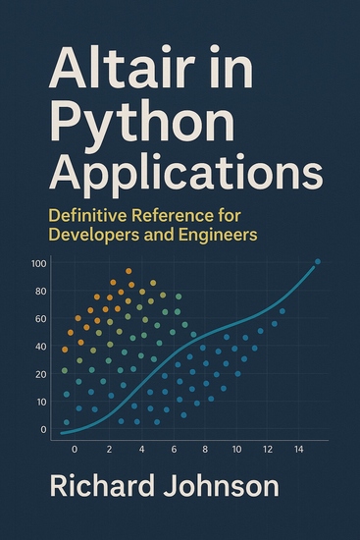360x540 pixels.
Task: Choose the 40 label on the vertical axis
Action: pos(41,347)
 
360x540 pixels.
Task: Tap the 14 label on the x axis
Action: pos(299,448)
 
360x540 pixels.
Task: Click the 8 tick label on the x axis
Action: pos(205,448)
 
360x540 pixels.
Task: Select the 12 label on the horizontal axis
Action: pos(268,448)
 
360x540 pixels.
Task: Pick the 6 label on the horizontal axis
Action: pos(174,448)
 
